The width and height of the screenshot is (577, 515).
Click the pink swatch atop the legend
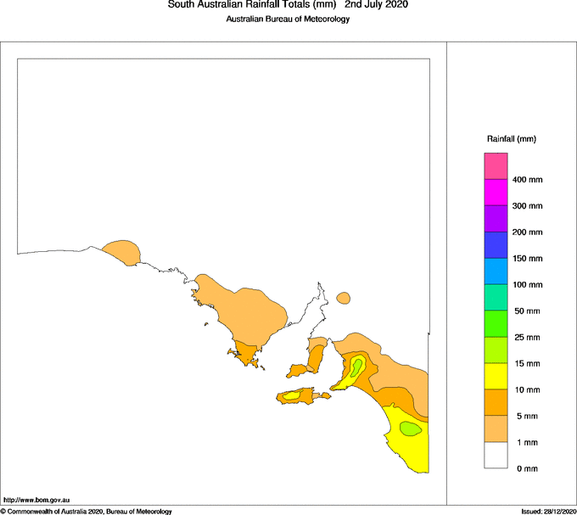496,165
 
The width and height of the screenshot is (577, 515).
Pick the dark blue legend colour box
496,244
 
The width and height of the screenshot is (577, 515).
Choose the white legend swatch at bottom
496,456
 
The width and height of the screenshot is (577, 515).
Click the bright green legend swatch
496,324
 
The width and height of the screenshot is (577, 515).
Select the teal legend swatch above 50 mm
496,298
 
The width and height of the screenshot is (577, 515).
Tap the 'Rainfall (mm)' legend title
511,138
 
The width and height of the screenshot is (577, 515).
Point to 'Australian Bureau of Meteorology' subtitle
288,20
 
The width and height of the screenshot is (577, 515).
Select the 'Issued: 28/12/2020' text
548,511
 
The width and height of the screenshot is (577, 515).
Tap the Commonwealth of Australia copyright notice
87,511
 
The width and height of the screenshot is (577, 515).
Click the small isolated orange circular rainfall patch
343,298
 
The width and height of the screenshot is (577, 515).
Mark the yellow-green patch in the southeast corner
410,428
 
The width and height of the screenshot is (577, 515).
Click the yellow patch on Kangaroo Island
291,395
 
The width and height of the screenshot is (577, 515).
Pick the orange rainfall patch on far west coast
121,250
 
